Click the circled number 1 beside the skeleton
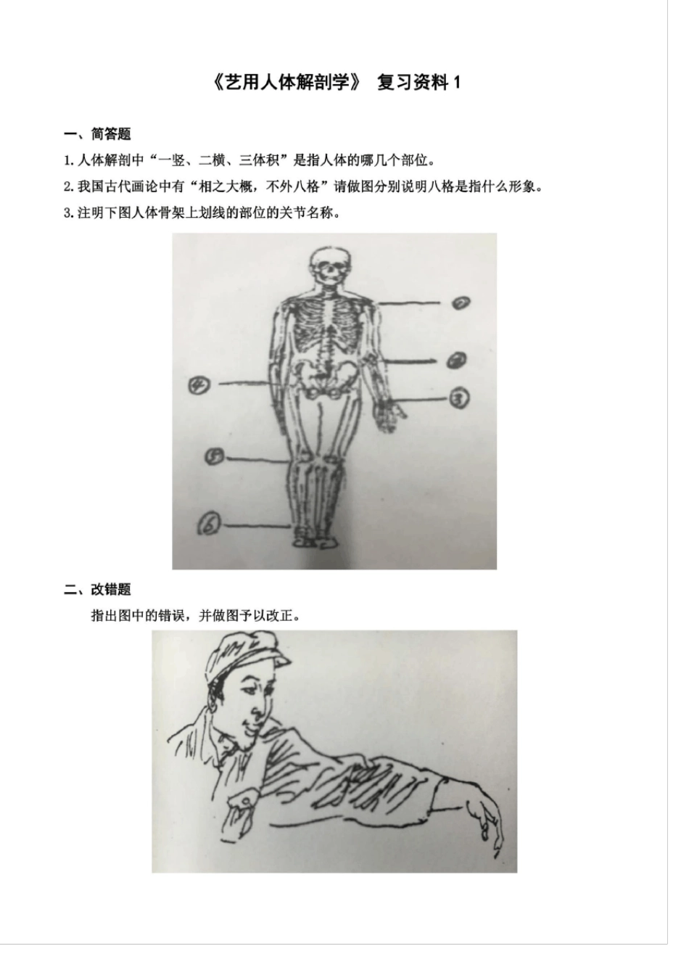pyautogui.click(x=461, y=303)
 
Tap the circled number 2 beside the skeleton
pyautogui.click(x=457, y=360)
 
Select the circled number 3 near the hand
pyautogui.click(x=459, y=398)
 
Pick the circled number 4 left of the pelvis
pyautogui.click(x=199, y=385)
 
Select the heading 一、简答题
pyautogui.click(x=97, y=134)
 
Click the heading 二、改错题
pyautogui.click(x=97, y=590)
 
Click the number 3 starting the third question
pyautogui.click(x=67, y=213)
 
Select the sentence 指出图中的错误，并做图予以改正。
pyautogui.click(x=196, y=616)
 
